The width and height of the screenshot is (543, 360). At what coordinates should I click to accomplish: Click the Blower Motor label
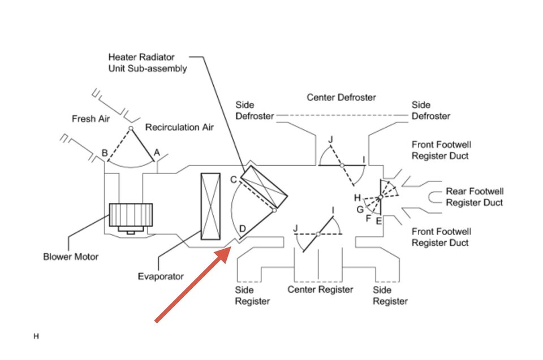(71, 257)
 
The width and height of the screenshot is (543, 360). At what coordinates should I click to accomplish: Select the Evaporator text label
(161, 276)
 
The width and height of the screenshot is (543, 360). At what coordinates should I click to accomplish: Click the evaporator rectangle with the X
(210, 206)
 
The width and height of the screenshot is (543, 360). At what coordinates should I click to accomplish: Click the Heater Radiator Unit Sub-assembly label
(148, 63)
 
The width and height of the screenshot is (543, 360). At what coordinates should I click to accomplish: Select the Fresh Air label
(90, 119)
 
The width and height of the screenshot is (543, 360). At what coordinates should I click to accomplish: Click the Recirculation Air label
(179, 127)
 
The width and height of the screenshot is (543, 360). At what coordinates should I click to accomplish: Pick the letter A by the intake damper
(157, 153)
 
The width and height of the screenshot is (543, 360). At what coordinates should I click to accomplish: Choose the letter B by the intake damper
(105, 153)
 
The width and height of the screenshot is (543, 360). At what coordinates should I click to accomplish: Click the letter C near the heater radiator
(234, 180)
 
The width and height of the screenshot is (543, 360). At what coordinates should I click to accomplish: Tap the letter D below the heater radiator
(243, 228)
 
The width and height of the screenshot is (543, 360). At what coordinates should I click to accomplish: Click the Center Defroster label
(341, 98)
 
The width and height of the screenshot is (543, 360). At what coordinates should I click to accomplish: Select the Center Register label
(320, 289)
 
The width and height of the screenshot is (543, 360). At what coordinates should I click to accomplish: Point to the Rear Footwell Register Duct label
(475, 197)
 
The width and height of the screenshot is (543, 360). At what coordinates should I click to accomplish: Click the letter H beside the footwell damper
(357, 198)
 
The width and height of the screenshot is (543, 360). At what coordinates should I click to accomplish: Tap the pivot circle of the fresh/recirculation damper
(131, 128)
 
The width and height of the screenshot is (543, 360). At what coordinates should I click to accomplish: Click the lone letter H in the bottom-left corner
(36, 336)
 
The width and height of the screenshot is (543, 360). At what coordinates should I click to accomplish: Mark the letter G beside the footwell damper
(360, 210)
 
